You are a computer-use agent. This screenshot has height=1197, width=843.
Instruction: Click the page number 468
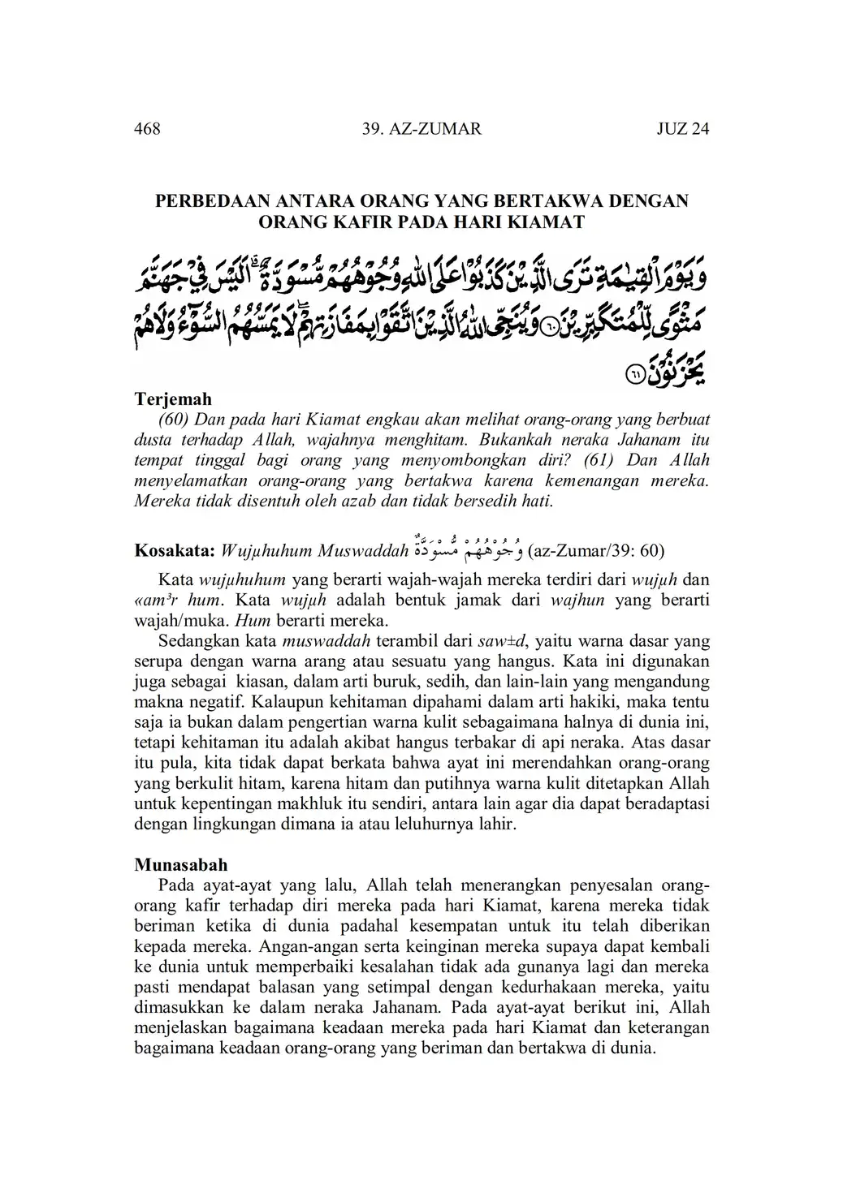coord(147,128)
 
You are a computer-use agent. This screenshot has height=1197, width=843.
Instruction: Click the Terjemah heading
coord(172,398)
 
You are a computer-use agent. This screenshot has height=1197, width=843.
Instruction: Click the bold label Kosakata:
coord(173,552)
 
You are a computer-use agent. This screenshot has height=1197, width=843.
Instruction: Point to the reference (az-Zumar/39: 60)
coord(595,552)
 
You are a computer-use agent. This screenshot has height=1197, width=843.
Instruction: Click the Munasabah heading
coord(180,864)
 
